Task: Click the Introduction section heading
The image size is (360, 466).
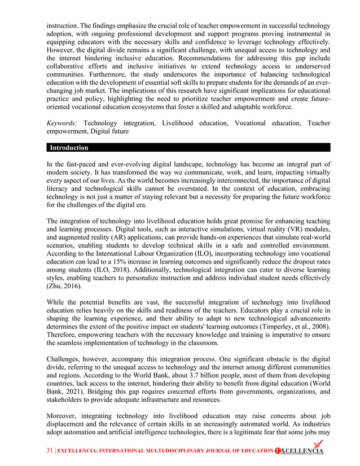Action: click(69, 148)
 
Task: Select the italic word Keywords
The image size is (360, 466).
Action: click(62, 122)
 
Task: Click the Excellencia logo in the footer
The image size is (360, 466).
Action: click(300, 450)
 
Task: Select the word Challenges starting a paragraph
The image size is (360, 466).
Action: click(66, 358)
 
